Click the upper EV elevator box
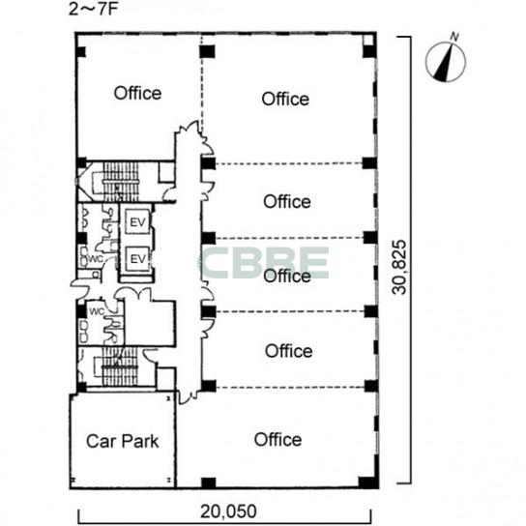tap(137, 221)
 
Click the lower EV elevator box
tap(137, 258)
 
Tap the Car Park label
tap(122, 441)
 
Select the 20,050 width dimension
tap(228, 511)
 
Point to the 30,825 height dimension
tap(399, 267)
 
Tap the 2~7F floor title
tap(94, 10)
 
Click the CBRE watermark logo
tap(265, 263)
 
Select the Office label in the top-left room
tap(137, 93)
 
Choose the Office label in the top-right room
tap(285, 99)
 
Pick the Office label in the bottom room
tap(278, 439)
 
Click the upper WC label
tap(96, 259)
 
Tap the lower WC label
tap(97, 311)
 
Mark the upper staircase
tap(120, 182)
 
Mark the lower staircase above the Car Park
tap(120, 366)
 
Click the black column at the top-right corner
tap(369, 51)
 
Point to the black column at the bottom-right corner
tap(368, 482)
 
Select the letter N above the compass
tap(454, 37)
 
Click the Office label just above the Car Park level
tap(288, 351)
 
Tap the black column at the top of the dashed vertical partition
tap(207, 51)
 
